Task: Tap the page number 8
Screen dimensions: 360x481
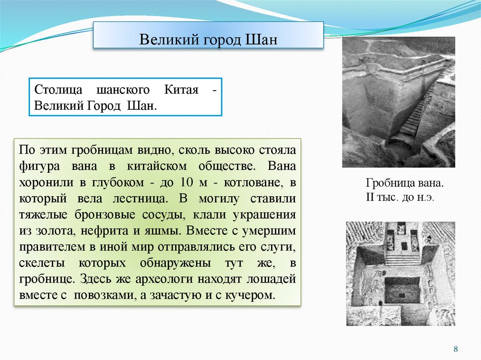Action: click(x=455, y=349)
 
